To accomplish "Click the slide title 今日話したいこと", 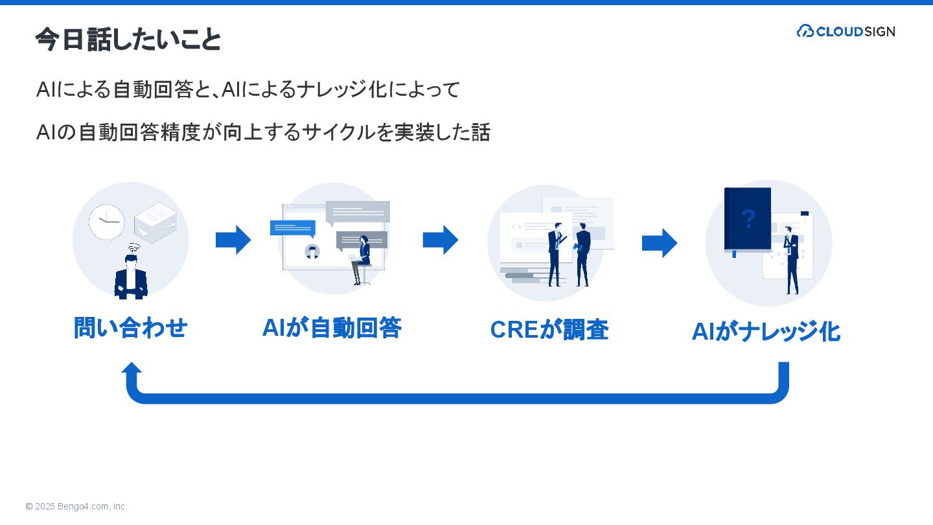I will tap(128, 40).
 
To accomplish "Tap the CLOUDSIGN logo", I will tap(846, 31).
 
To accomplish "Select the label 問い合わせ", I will tap(130, 328).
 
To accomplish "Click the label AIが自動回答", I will tap(332, 328).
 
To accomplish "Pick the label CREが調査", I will tap(549, 330).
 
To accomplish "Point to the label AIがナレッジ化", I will tap(766, 332).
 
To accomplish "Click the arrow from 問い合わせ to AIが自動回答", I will tap(233, 240).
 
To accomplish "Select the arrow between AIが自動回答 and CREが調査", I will tap(441, 240).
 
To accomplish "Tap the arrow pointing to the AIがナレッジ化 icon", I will tap(660, 243).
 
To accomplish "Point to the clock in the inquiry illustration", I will tap(106, 222).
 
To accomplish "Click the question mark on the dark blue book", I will tap(748, 219).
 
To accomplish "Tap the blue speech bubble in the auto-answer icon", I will tap(292, 227).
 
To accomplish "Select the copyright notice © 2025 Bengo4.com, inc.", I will tap(76, 506).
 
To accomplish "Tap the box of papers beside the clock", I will tap(155, 222).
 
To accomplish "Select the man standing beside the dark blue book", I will tap(791, 259).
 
